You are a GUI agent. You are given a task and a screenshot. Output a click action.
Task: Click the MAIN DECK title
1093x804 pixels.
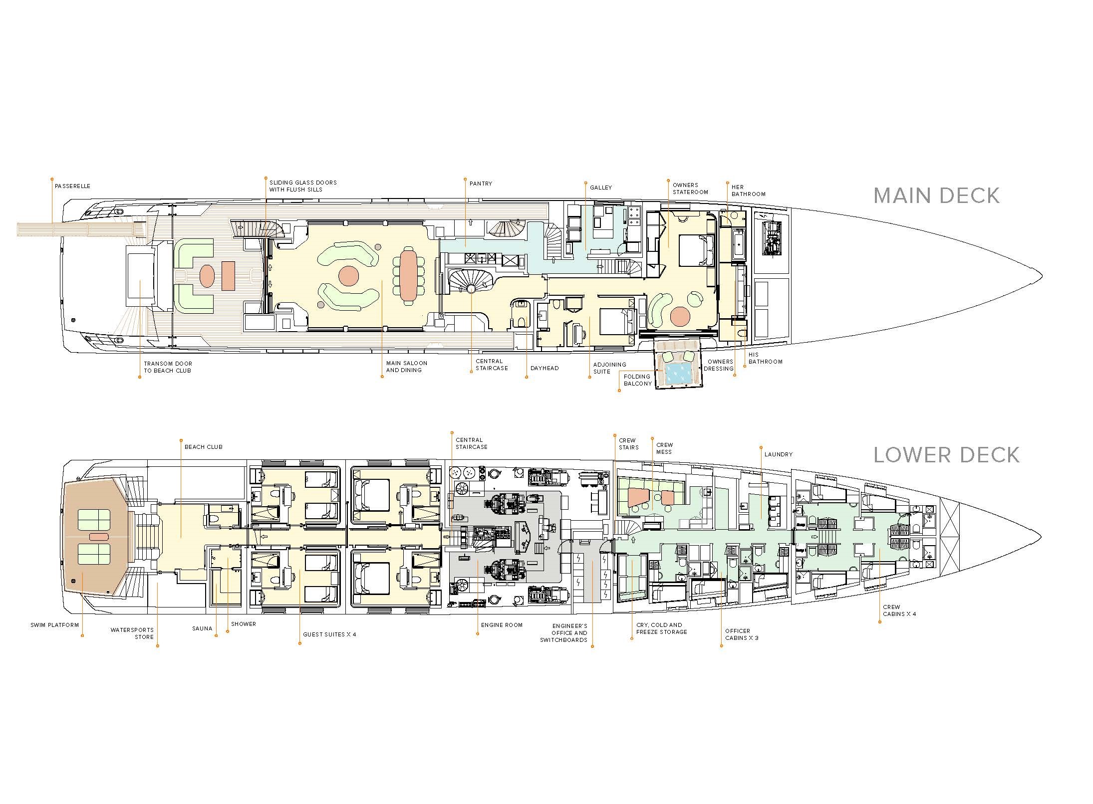[936, 196]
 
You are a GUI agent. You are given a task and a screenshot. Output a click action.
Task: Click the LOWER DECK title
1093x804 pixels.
[946, 455]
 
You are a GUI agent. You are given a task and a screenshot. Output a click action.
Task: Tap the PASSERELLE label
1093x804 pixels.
[73, 186]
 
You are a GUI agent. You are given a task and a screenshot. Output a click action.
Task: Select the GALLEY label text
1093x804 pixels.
[601, 188]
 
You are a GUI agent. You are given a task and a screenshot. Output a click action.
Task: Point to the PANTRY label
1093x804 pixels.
[481, 184]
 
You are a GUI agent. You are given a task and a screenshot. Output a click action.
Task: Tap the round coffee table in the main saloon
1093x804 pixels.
[348, 276]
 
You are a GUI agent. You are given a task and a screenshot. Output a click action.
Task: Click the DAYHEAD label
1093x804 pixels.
[545, 368]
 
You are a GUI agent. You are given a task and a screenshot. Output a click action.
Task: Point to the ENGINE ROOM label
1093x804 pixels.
[502, 625]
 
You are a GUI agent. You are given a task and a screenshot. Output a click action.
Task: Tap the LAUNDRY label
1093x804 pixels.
[779, 454]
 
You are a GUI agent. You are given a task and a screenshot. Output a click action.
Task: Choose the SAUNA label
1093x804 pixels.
[202, 628]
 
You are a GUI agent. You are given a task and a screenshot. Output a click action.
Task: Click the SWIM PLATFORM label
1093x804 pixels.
[55, 625]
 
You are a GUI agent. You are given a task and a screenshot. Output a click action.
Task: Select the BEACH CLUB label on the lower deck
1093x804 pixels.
[204, 447]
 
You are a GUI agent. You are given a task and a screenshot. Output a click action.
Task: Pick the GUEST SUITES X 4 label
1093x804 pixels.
[330, 634]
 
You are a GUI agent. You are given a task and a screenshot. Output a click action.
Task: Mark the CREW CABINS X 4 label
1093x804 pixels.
[899, 610]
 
